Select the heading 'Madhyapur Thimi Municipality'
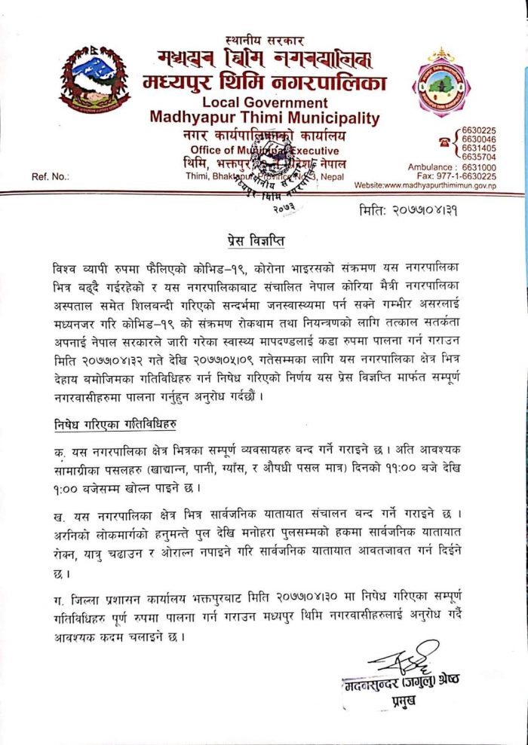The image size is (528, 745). (x=264, y=118)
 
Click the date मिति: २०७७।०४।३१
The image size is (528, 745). (x=410, y=211)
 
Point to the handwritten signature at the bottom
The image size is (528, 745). (x=404, y=659)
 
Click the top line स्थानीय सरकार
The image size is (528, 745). (x=260, y=39)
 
